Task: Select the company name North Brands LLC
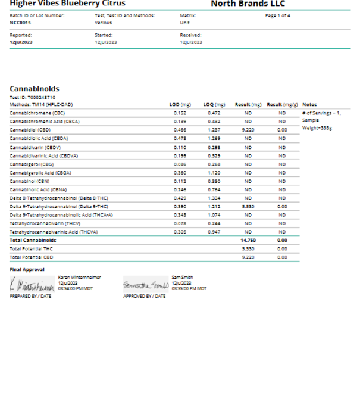point(257,4)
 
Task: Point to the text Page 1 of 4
point(277,15)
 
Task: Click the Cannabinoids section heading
point(35,89)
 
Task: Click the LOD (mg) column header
point(180,104)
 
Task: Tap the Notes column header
point(309,104)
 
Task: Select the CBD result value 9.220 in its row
point(248,129)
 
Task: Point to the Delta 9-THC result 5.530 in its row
point(248,206)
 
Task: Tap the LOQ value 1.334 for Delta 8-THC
point(214,197)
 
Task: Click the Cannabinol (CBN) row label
point(30,180)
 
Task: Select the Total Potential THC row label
point(32,248)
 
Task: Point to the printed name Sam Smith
point(180,277)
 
